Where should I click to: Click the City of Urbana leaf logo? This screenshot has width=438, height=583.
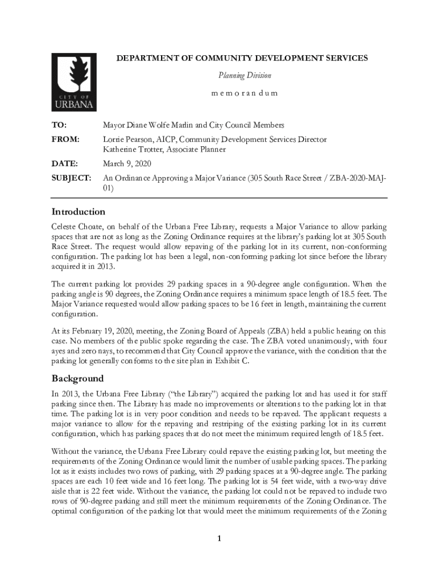74,82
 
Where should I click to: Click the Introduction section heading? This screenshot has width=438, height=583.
78,212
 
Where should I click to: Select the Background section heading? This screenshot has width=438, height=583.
77,379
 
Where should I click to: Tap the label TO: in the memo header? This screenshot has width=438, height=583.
59,125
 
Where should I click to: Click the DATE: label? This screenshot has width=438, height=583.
64,164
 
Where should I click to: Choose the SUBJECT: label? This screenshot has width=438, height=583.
71,179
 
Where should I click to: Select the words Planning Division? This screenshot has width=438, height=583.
245,75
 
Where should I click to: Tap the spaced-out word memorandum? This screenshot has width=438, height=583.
245,93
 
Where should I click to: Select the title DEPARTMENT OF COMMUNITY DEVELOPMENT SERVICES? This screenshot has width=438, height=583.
242,58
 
